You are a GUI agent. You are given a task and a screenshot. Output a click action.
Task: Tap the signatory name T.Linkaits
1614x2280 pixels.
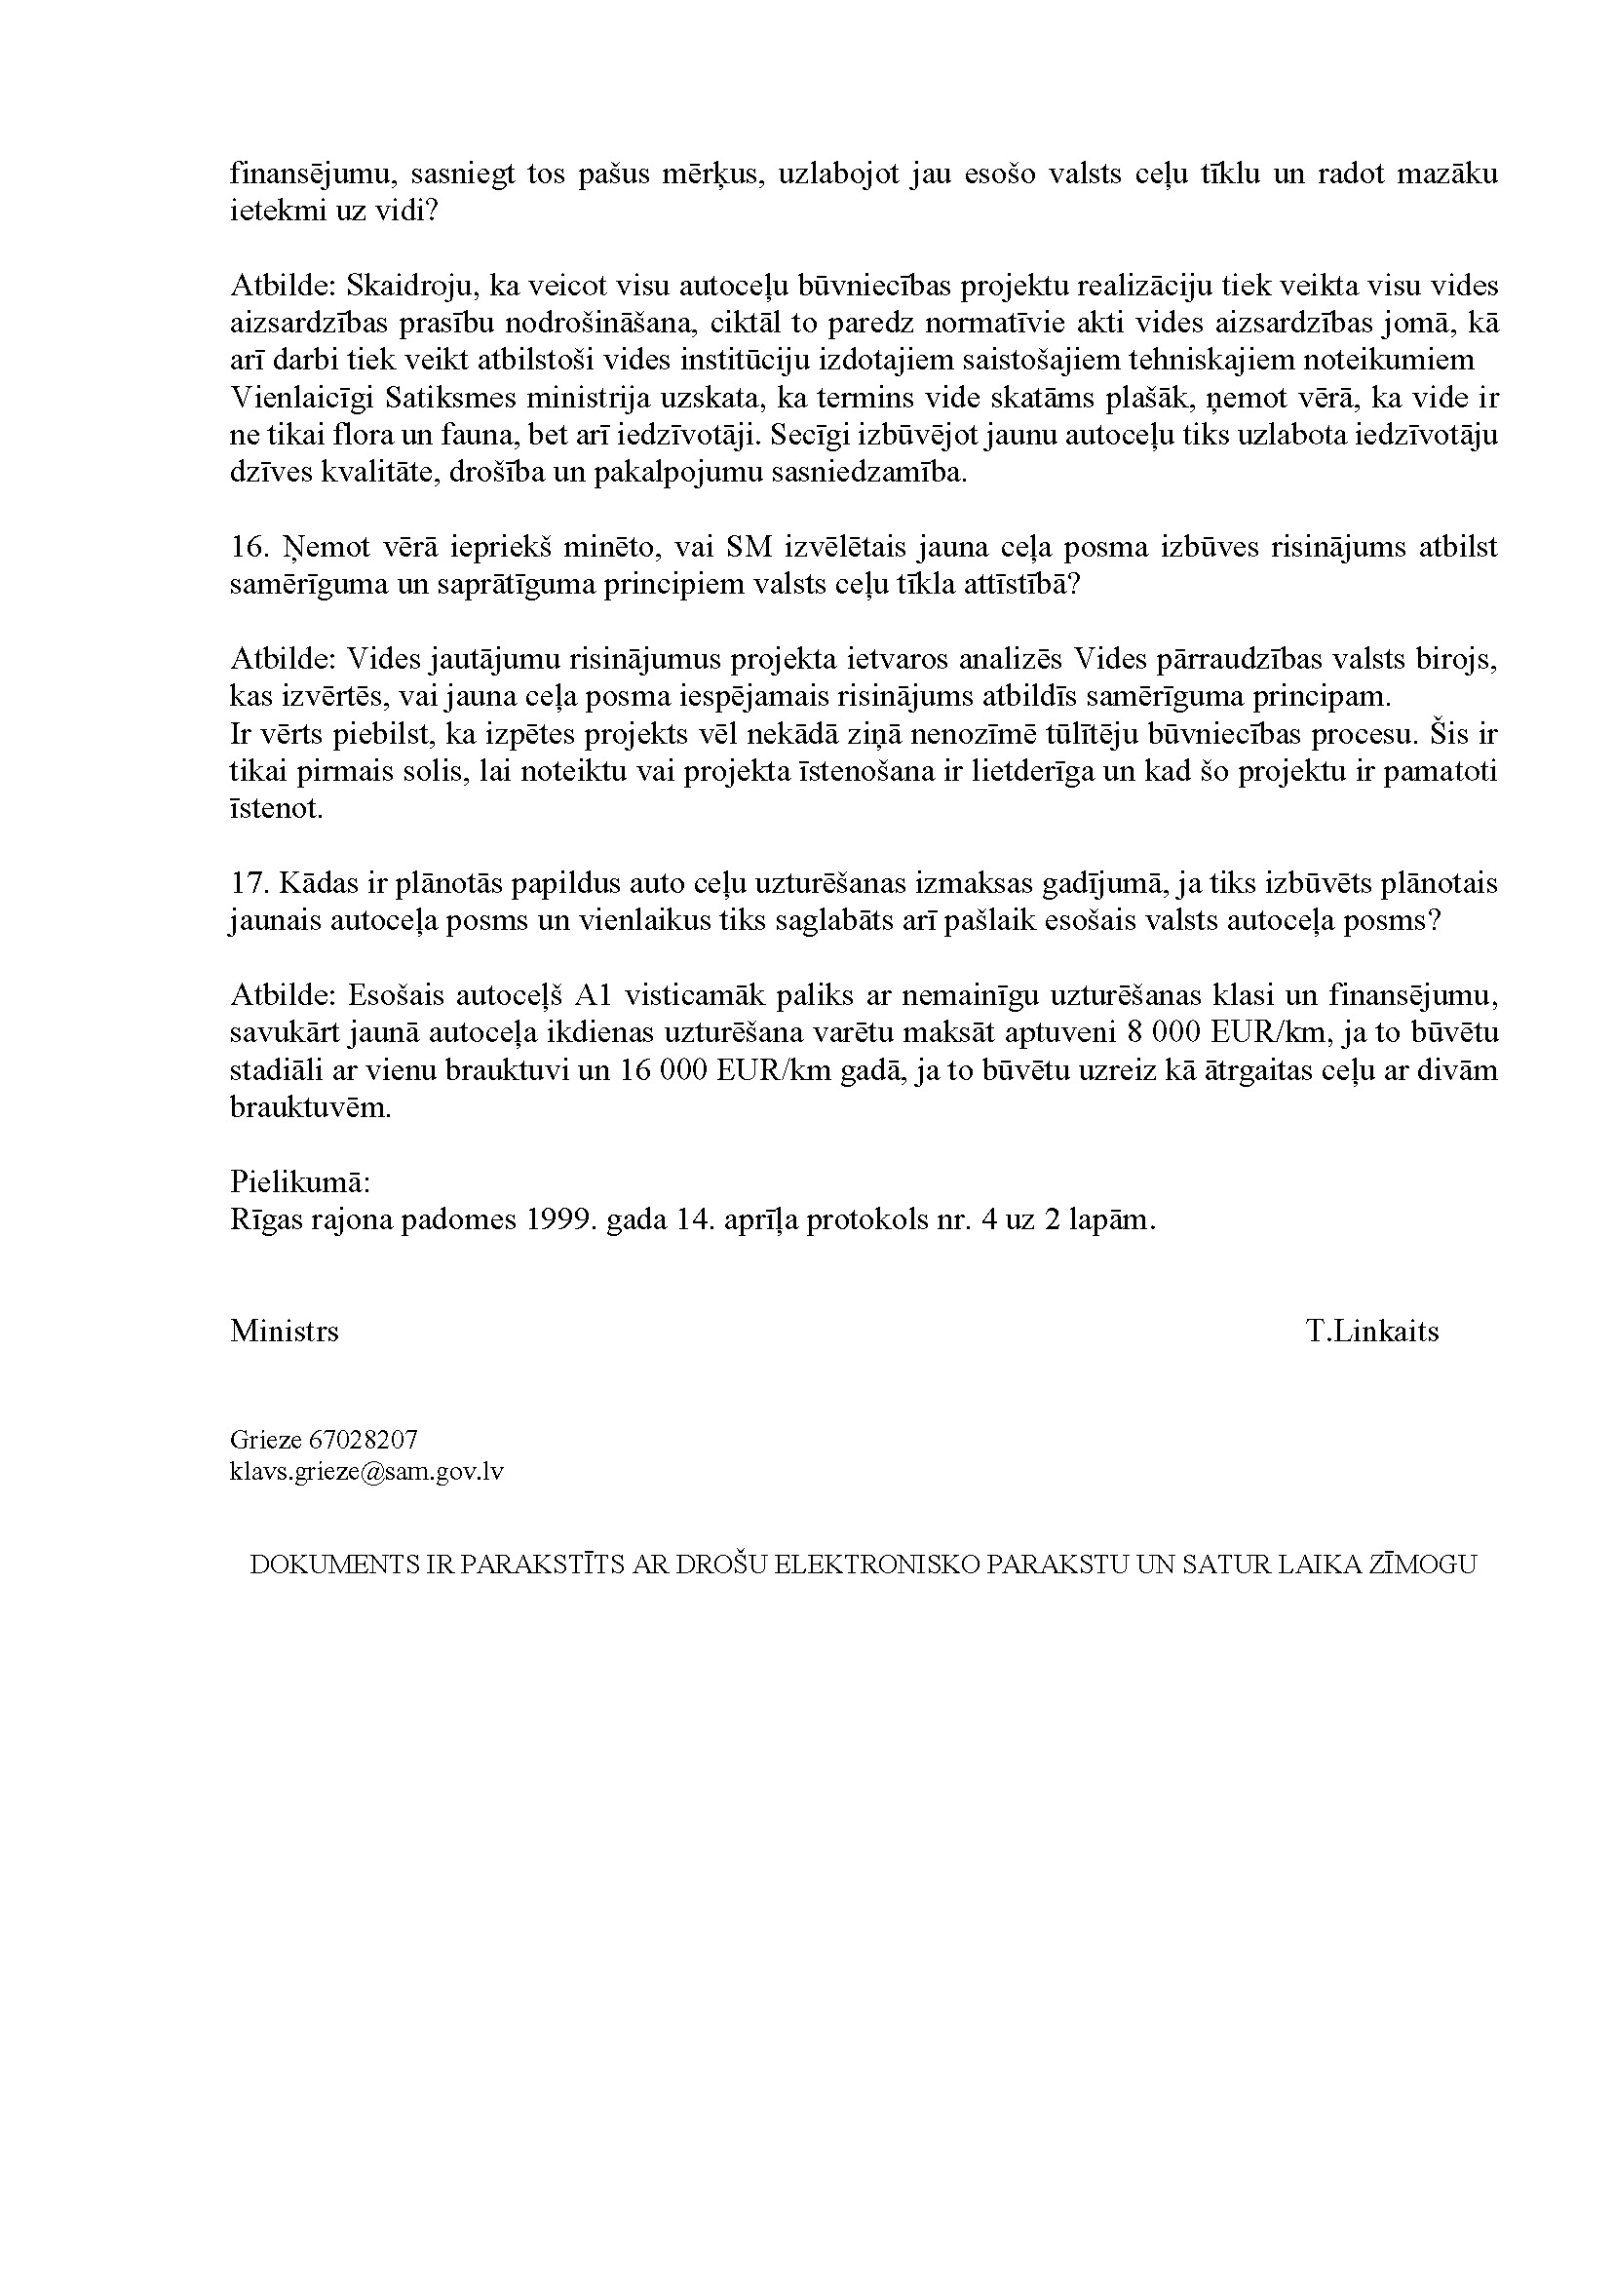click(1372, 1332)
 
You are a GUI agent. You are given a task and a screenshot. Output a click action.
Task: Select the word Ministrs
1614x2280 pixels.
click(285, 1332)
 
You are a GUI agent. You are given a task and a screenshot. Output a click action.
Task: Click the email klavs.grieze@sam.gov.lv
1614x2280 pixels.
click(366, 1472)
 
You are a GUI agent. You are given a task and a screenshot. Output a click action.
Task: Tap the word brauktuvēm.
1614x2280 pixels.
click(311, 1108)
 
